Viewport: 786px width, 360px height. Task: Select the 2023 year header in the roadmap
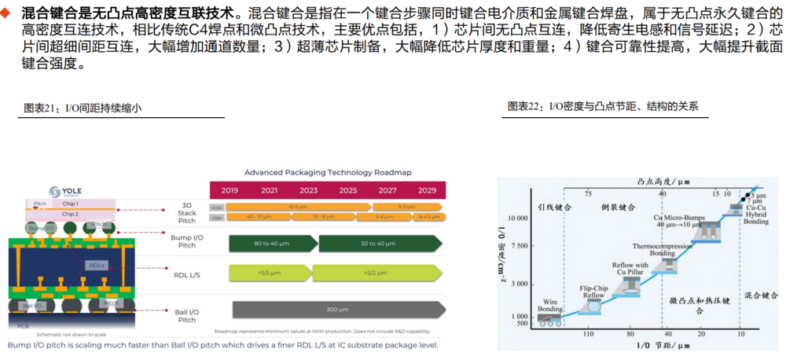pyautogui.click(x=308, y=190)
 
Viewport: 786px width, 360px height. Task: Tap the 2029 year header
pyautogui.click(x=427, y=190)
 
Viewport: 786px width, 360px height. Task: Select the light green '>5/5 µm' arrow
pyautogui.click(x=268, y=273)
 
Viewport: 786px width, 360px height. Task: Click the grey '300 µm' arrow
pyautogui.click(x=337, y=309)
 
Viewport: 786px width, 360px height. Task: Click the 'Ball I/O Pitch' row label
pyautogui.click(x=186, y=314)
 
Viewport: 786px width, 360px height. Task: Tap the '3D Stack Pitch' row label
pyautogui.click(x=186, y=211)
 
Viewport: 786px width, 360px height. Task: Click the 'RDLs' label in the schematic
pyautogui.click(x=97, y=265)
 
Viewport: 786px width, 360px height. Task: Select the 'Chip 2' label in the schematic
pyautogui.click(x=71, y=213)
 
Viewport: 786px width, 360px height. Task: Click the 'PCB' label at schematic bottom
pyautogui.click(x=24, y=325)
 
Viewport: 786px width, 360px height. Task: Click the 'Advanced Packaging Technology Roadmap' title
pyautogui.click(x=328, y=172)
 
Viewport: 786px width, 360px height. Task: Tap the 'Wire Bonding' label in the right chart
pyautogui.click(x=549, y=304)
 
